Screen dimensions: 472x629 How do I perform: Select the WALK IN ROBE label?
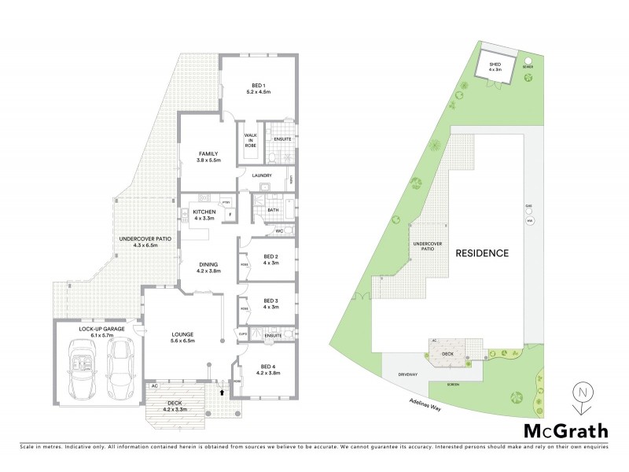click(252, 140)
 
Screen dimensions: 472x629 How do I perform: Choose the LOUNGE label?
click(182, 337)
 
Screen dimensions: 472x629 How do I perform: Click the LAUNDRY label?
click(262, 175)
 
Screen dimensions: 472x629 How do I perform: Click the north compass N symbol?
click(581, 391)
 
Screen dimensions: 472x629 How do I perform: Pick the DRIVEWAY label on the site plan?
click(407, 374)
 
